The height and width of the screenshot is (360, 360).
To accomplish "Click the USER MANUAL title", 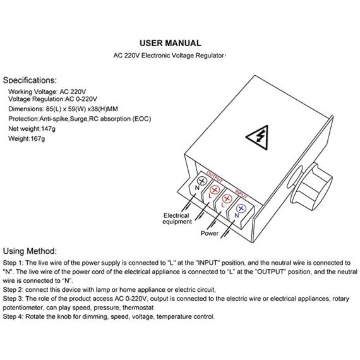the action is click(x=171, y=43).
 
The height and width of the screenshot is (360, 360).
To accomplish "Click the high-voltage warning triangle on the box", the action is click(x=258, y=137).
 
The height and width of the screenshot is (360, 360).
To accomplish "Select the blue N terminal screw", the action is click(x=241, y=208).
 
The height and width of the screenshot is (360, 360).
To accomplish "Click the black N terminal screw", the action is click(x=202, y=181).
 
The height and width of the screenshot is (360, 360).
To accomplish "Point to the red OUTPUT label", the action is click(x=215, y=177).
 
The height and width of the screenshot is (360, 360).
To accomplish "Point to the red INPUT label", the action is click(x=241, y=195).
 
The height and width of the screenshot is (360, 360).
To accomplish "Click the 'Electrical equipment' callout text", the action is click(x=177, y=219).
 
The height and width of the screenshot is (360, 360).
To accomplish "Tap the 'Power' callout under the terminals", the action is click(x=210, y=233).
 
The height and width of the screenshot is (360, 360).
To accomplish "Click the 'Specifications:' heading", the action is click(x=30, y=80).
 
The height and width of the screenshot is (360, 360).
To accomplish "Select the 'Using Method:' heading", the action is click(x=30, y=251).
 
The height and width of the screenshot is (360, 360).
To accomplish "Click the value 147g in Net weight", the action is click(x=48, y=129).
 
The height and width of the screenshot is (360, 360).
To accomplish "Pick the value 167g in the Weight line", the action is click(x=38, y=139).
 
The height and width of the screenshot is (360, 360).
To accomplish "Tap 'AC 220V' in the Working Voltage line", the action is click(x=73, y=92).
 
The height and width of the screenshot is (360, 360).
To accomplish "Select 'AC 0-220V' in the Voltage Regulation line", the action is click(x=81, y=99).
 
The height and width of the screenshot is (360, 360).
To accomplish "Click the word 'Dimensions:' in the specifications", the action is click(x=26, y=109).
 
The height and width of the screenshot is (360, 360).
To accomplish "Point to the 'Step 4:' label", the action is click(x=13, y=316).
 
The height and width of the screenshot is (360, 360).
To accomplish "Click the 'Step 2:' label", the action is click(x=13, y=290).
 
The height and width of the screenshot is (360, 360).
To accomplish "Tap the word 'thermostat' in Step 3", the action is click(x=138, y=308).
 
